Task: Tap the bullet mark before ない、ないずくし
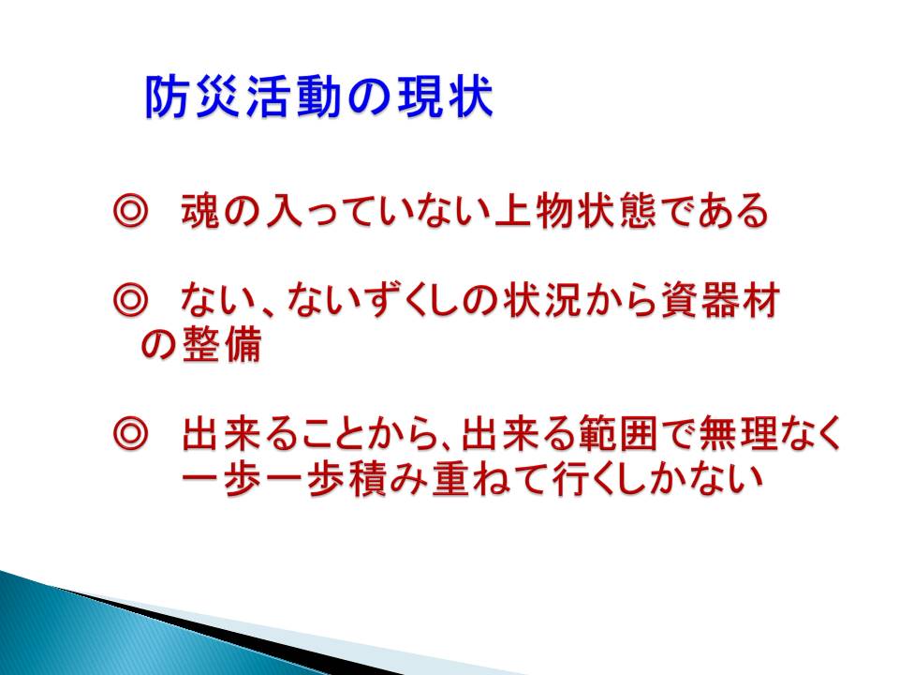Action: pos(131,301)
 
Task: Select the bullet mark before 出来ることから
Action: pos(131,434)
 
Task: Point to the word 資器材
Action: pos(721,300)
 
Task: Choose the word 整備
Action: pos(223,344)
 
